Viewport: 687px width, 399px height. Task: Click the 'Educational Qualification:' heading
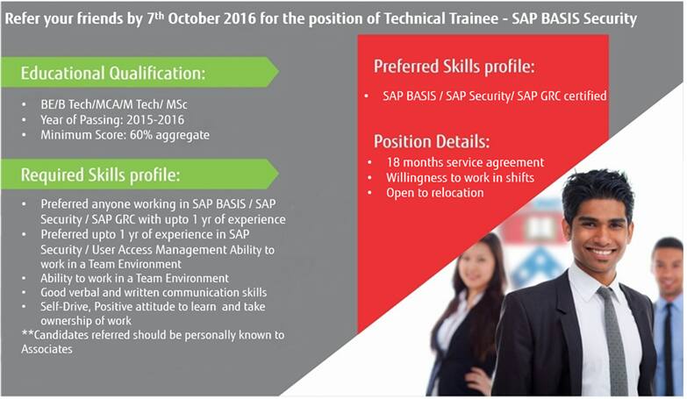[113, 73]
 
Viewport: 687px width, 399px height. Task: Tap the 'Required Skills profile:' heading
[100, 175]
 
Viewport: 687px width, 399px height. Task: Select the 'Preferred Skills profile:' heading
[454, 67]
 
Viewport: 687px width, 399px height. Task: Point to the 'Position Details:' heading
[432, 141]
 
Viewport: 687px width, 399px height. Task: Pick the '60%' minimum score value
[140, 134]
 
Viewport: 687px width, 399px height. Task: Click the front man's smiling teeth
[601, 252]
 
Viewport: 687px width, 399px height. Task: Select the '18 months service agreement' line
[465, 162]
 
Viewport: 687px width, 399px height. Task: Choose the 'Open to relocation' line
[434, 193]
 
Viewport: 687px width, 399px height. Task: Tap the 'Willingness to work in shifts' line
[460, 177]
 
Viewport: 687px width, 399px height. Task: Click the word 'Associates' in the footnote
[47, 349]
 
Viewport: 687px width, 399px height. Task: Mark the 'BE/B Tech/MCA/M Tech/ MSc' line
[114, 104]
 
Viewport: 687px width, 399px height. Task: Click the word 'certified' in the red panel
[585, 96]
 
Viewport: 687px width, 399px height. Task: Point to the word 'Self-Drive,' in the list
[66, 307]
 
